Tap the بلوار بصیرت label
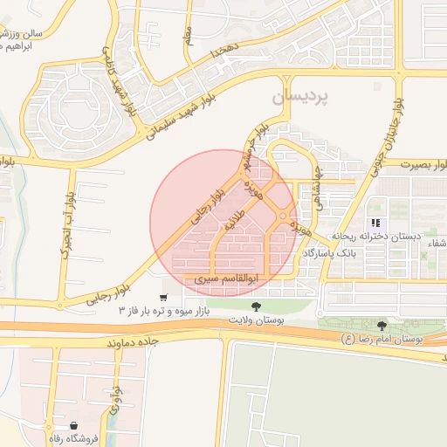point(425,164)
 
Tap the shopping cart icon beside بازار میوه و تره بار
point(163,299)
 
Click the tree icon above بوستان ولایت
point(256,306)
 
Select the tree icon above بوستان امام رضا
point(381,326)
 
